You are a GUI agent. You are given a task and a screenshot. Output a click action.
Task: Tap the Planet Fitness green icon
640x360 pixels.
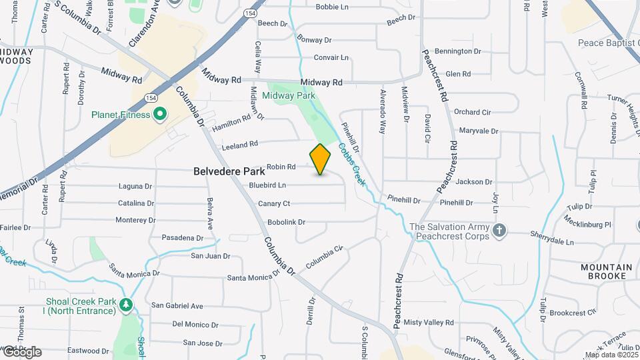tap(159, 115)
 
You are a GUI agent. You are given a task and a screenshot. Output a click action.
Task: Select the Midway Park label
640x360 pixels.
tap(288, 95)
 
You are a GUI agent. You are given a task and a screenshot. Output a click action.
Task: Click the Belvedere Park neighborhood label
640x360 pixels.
tap(226, 171)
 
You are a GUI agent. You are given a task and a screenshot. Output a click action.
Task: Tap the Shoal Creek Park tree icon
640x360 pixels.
tap(126, 305)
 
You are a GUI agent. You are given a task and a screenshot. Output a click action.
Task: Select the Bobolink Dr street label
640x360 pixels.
tap(286, 222)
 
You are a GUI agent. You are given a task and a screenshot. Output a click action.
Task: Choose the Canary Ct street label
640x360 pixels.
tap(274, 203)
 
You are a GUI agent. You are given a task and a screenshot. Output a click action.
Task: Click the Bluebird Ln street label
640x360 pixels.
tap(267, 185)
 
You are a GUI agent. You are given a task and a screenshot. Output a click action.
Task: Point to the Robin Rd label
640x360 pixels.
tap(281, 167)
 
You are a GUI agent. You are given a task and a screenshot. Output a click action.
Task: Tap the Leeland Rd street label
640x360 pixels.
tap(239, 145)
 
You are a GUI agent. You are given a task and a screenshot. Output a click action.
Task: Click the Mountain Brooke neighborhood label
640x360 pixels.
tap(606, 271)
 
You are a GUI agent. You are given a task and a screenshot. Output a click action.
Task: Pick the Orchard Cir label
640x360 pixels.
tap(472, 112)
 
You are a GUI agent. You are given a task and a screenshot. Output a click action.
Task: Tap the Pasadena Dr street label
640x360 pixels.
tap(183, 238)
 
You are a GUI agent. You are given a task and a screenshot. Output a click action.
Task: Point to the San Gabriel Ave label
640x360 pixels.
tap(177, 306)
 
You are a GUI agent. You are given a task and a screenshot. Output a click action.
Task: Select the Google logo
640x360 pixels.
tap(21, 352)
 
